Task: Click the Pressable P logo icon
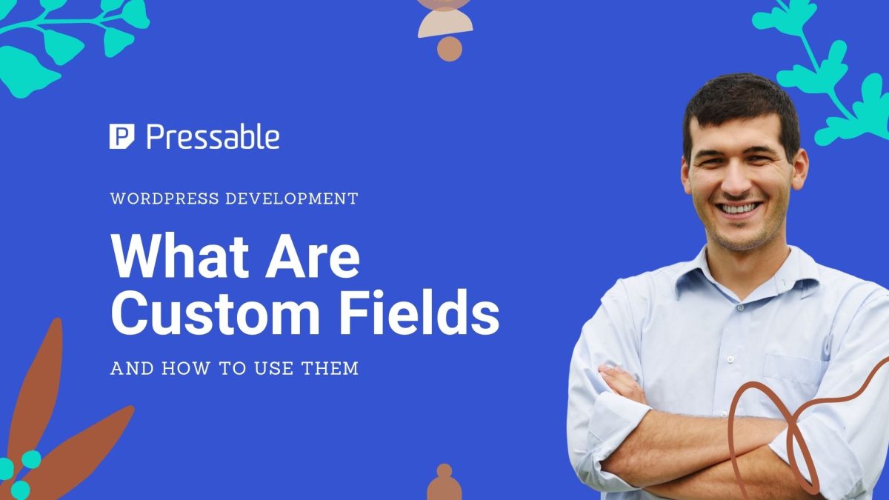point(122,137)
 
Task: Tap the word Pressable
point(213,137)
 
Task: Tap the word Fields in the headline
point(429,315)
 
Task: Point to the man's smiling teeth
point(742,207)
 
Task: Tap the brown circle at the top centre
point(449,49)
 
